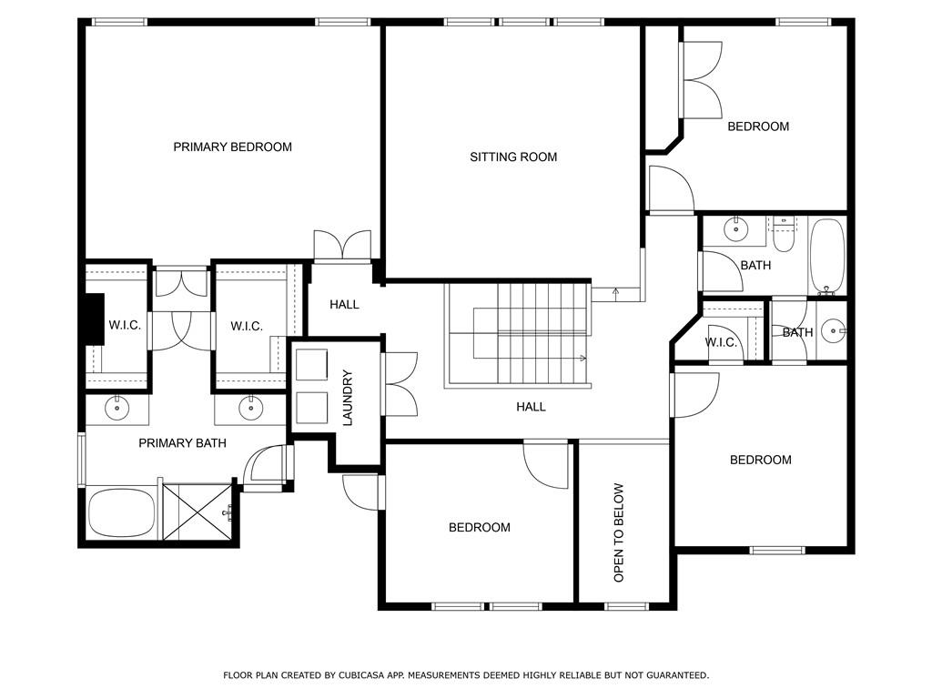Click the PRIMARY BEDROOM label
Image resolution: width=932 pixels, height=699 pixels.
(232, 147)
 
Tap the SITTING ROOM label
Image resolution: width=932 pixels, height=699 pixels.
(513, 157)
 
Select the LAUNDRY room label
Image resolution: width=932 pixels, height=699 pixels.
(348, 398)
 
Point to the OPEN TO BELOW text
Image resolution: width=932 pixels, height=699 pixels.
(619, 532)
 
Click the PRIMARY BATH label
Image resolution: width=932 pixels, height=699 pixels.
(182, 443)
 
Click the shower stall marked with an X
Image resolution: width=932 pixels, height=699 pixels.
(198, 512)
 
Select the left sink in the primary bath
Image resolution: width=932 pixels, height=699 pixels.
(117, 409)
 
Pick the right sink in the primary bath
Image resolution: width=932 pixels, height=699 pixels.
(250, 409)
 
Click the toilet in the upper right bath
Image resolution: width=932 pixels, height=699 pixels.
(784, 236)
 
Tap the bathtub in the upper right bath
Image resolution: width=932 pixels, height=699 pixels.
(827, 256)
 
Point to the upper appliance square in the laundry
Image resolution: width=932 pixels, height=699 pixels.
(311, 364)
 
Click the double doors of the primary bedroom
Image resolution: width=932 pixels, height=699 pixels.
(342, 246)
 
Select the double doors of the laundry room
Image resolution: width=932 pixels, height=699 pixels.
(400, 384)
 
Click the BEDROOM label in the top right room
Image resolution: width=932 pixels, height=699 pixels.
(758, 126)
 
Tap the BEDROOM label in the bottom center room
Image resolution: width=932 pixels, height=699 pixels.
(480, 527)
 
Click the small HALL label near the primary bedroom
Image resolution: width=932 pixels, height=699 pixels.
(345, 304)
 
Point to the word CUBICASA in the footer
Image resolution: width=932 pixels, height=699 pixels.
(360, 675)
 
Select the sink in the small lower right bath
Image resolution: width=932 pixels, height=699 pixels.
(834, 330)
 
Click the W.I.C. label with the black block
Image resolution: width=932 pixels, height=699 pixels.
(125, 325)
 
